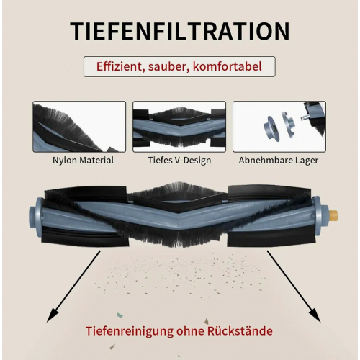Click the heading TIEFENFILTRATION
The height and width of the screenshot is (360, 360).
180,32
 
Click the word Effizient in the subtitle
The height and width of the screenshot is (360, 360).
119,66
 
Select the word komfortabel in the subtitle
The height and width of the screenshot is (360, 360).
227,66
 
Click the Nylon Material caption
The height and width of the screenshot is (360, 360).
83,160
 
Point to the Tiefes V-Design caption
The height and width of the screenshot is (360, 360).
179,160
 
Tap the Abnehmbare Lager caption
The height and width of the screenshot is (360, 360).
279,160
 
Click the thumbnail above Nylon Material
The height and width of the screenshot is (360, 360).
79,127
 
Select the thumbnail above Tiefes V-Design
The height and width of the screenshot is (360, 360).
179,127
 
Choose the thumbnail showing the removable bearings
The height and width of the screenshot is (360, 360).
279,127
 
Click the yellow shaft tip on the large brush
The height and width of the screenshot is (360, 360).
333,213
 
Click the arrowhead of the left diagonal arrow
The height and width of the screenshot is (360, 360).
52,316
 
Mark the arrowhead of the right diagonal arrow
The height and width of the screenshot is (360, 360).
315,316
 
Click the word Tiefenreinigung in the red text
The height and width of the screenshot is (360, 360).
130,331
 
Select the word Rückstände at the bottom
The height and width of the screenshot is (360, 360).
240,330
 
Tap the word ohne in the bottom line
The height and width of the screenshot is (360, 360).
190,330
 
